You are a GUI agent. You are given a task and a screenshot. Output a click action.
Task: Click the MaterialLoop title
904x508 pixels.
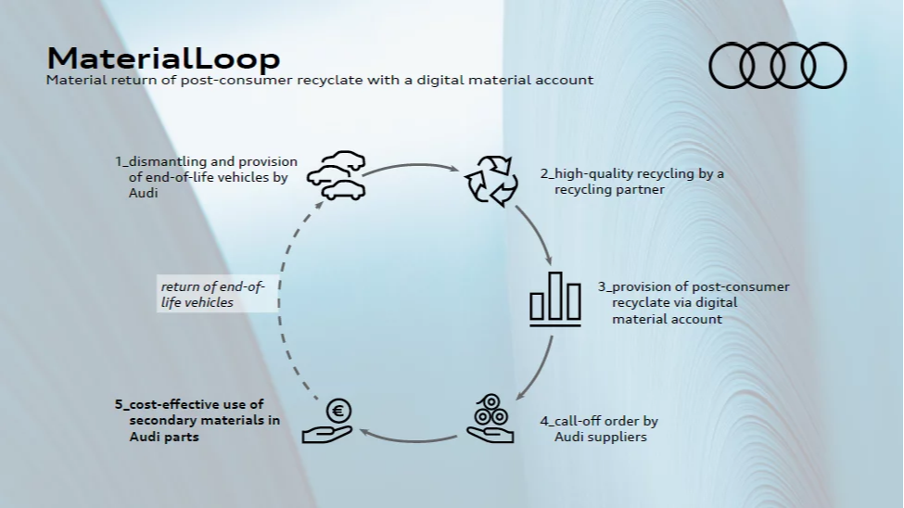pos(163,57)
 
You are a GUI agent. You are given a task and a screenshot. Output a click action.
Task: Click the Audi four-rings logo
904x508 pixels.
pos(778,66)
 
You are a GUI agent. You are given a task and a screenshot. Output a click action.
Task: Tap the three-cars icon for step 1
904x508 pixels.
pos(336,175)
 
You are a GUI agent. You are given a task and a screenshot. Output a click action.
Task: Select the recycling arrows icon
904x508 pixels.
pos(490,179)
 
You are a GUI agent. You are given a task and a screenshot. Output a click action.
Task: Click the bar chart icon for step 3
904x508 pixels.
pos(555,298)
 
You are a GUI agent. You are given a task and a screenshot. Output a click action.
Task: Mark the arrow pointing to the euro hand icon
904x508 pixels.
pos(408,434)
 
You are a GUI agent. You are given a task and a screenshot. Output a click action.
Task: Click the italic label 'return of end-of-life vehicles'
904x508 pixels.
pos(212,295)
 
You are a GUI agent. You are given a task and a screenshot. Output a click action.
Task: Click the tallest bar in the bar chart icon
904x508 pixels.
pos(555,296)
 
